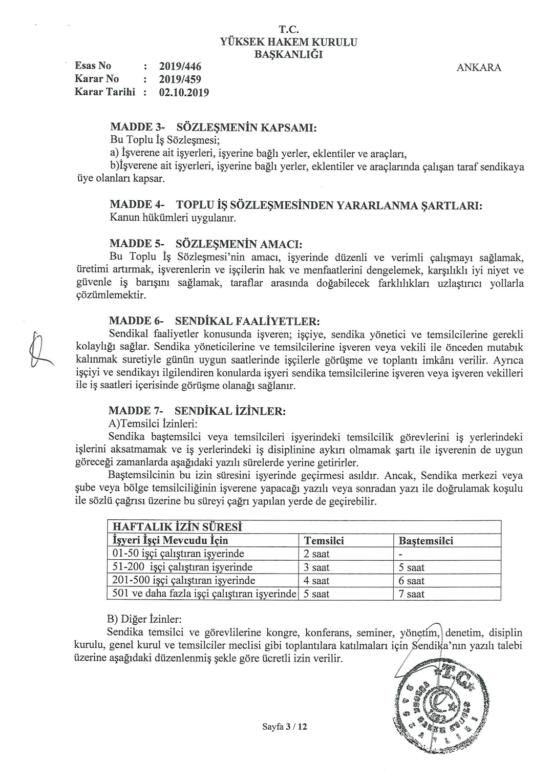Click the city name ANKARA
coord(479,68)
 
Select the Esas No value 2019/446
coord(180,66)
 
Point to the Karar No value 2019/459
coord(180,79)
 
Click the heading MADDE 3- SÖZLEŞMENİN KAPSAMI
coord(214,127)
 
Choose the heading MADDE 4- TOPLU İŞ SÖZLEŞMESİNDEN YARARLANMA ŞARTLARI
coord(296,205)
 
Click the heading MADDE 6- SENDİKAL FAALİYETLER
coord(215,321)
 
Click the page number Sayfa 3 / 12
coord(284,726)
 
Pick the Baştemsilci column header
coord(426,541)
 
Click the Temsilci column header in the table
coord(324,541)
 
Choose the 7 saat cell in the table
coord(412,594)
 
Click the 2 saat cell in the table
coord(317,554)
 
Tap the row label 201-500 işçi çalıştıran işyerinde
coord(184,581)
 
